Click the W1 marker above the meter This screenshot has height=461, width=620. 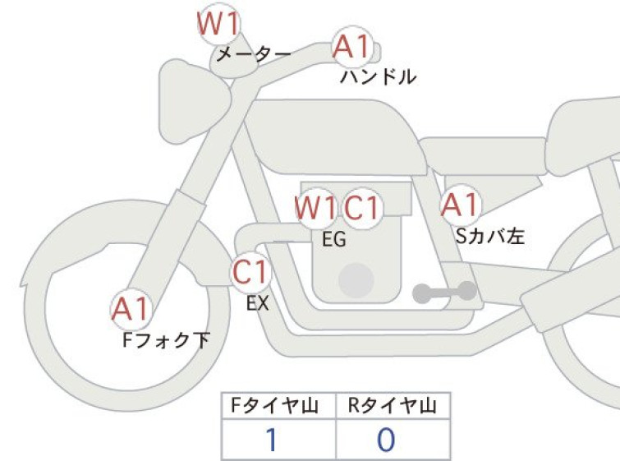point(219,24)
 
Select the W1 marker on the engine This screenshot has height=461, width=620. point(317,208)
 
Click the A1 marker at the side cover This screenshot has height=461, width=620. point(459,204)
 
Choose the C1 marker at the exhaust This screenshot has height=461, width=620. point(250,272)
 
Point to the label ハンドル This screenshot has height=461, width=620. point(379,78)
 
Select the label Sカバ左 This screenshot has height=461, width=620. point(489,237)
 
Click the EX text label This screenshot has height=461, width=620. point(258,302)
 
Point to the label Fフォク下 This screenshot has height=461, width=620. point(165,339)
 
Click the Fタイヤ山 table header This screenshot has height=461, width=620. point(278,405)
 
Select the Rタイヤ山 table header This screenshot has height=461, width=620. point(393,405)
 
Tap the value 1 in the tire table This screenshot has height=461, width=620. point(270,441)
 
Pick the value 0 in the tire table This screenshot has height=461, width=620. point(386,441)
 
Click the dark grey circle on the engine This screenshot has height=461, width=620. point(356,279)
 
